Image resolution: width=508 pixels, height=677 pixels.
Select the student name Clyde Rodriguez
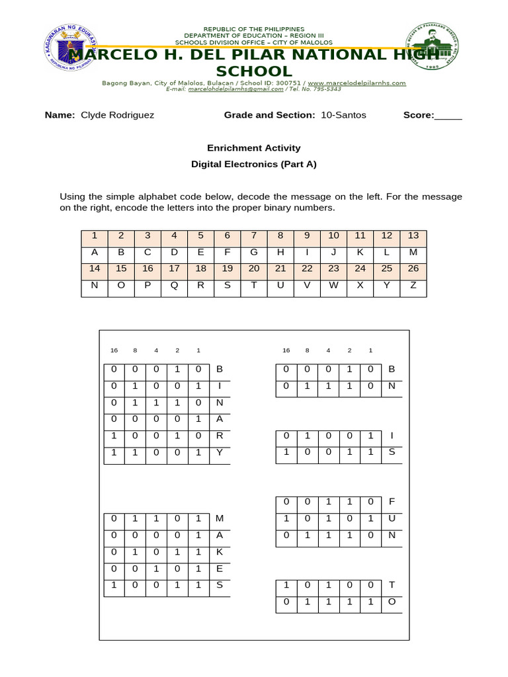click(117, 115)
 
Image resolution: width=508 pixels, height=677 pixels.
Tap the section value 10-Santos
click(343, 115)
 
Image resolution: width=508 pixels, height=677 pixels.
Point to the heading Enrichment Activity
click(254, 148)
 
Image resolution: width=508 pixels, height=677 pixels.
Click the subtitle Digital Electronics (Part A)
click(254, 165)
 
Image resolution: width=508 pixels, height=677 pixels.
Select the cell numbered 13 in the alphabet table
click(413, 235)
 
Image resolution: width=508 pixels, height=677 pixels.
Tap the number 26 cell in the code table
click(413, 268)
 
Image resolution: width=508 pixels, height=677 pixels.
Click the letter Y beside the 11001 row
click(220, 454)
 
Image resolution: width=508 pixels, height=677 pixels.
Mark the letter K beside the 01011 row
click(220, 551)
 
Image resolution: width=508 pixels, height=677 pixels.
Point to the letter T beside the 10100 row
click(392, 585)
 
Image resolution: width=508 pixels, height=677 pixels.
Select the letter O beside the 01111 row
click(392, 602)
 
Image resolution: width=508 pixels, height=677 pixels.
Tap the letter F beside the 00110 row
click(392, 502)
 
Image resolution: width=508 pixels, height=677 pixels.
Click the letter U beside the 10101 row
click(392, 519)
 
